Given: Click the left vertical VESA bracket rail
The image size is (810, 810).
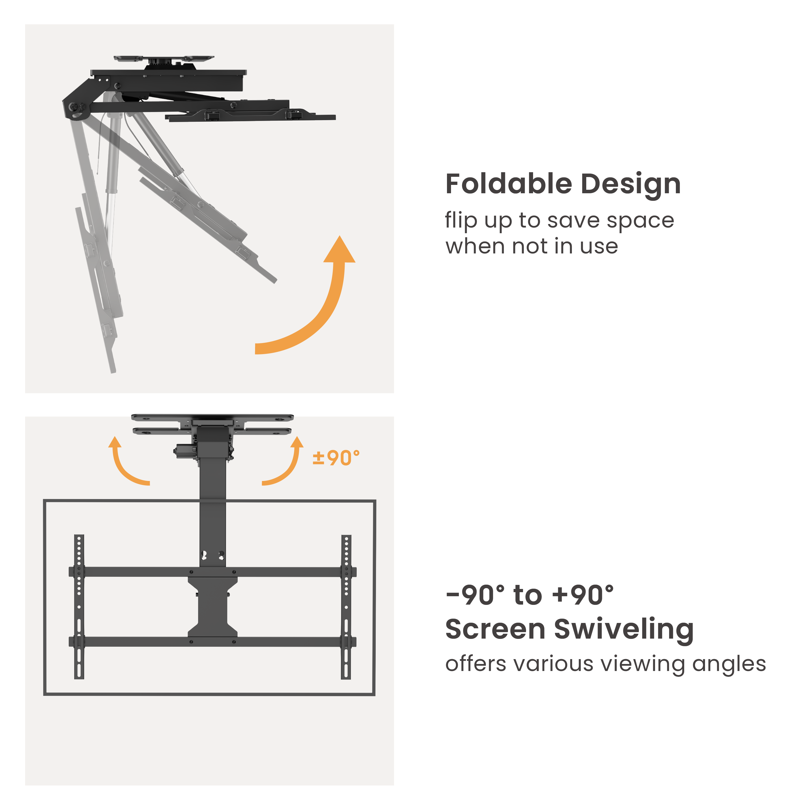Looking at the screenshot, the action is click(x=79, y=607).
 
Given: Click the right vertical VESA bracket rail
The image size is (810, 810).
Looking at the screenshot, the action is click(x=346, y=607).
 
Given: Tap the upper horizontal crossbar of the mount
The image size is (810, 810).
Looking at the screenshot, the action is click(x=213, y=572).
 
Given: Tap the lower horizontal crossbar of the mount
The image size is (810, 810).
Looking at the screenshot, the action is click(x=213, y=642).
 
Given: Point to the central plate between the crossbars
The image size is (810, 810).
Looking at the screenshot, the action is click(x=213, y=607).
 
